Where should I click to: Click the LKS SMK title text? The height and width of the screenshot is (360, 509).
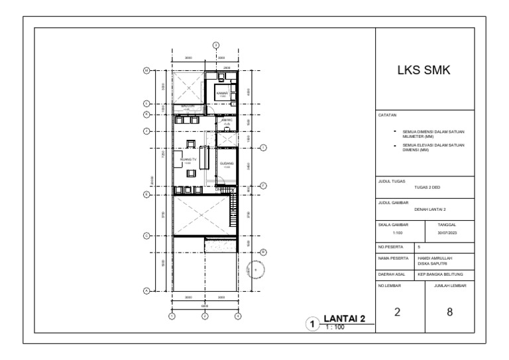424,70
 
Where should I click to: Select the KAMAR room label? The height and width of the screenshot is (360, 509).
223,93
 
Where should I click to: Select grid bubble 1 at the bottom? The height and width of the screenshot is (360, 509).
172,316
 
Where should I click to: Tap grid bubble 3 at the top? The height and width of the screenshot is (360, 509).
215,44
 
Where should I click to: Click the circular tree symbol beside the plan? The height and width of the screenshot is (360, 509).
255,270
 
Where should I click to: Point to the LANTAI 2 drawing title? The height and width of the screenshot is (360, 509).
344,320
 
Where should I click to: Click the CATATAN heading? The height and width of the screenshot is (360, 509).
387,115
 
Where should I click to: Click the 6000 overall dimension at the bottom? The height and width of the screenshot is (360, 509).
205,306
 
